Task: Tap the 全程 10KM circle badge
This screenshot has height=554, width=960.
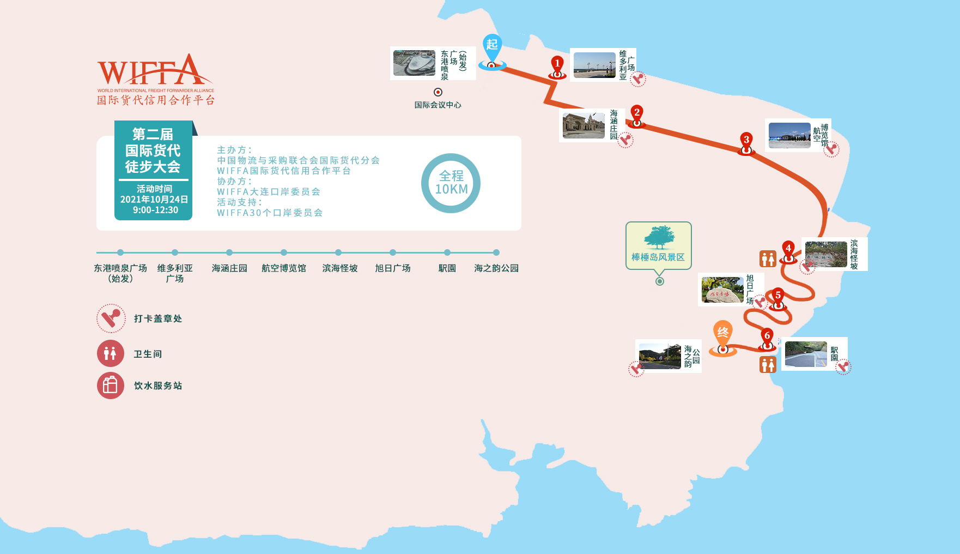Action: pyautogui.click(x=451, y=183)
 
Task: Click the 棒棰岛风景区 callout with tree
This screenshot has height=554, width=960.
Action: pyautogui.click(x=659, y=245)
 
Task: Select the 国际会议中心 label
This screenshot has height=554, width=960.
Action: pyautogui.click(x=438, y=105)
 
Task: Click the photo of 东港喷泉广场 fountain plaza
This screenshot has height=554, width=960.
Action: pyautogui.click(x=414, y=63)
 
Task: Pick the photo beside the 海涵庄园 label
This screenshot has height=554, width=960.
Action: pyautogui.click(x=584, y=126)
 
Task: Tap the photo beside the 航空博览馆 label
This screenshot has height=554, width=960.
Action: pyautogui.click(x=789, y=135)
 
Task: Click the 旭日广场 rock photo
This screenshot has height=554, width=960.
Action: pyautogui.click(x=722, y=290)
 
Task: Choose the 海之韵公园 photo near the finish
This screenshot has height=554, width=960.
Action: pyautogui.click(x=660, y=356)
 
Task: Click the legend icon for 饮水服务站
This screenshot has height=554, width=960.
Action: pyautogui.click(x=111, y=386)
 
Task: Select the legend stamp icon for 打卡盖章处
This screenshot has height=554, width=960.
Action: pyautogui.click(x=111, y=318)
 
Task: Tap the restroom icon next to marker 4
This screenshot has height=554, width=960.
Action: pyautogui.click(x=768, y=258)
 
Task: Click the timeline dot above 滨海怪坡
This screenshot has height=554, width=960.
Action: pyautogui.click(x=338, y=252)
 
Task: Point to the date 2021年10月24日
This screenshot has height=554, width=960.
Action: pyautogui.click(x=154, y=200)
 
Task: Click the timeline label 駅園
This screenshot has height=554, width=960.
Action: pyautogui.click(x=447, y=268)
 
